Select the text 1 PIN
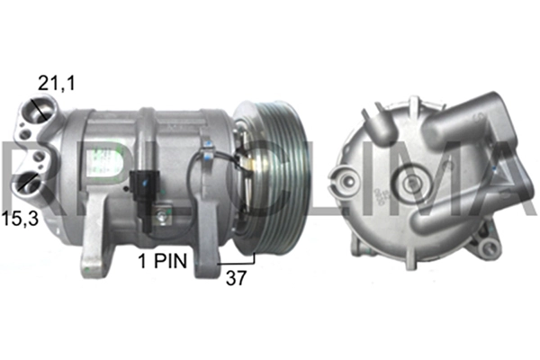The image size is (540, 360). [164, 261]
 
